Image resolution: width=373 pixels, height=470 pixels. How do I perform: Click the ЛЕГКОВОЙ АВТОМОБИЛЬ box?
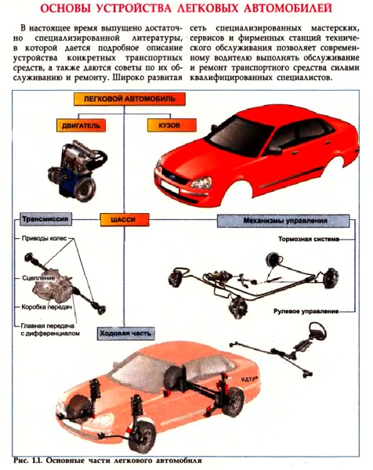tap(129, 99)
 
